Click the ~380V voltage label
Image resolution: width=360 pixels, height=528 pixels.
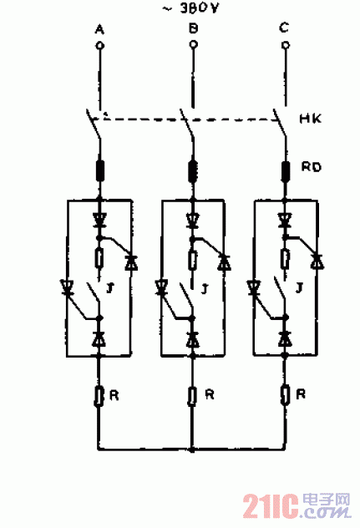point(190,8)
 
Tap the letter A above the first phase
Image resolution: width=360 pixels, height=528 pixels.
point(99,29)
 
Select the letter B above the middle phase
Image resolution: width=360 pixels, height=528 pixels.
point(193,28)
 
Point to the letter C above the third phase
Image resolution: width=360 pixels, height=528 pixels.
point(284,28)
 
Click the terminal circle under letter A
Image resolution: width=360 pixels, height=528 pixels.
point(99,45)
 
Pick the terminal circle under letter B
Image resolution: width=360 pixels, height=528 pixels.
point(193,44)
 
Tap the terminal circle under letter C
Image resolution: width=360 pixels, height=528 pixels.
point(286,45)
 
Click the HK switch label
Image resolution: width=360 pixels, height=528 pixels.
point(311,119)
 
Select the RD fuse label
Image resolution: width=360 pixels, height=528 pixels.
point(312,167)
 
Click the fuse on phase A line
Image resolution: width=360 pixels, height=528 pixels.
point(100,170)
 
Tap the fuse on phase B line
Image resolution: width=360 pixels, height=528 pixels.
point(193,170)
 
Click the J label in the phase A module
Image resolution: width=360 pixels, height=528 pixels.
point(109,288)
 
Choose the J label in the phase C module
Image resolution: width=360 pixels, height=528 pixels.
point(299,288)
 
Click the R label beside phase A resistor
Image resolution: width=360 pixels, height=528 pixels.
point(114,395)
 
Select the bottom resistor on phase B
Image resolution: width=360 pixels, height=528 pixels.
point(192,396)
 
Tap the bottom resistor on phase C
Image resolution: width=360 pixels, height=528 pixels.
point(285,395)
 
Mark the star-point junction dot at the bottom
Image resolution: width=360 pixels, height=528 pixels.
point(192,449)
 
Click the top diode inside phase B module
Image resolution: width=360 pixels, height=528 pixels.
point(193,221)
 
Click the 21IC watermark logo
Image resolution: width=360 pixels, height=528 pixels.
point(297,505)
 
